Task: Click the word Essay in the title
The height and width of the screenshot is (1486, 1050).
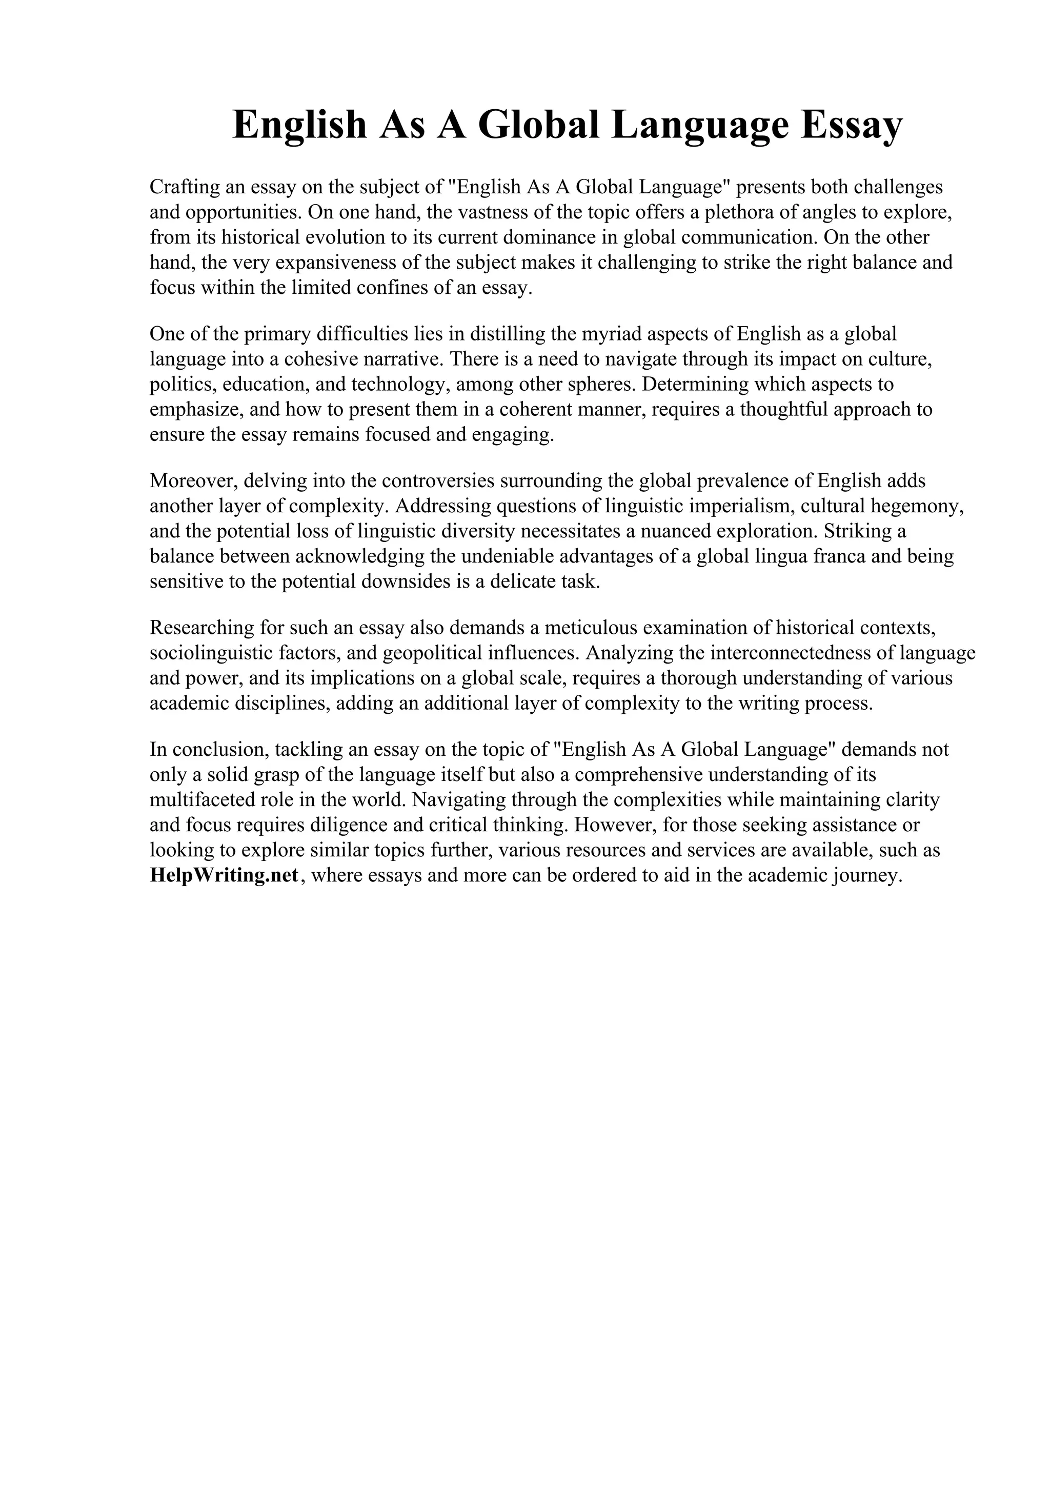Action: [851, 125]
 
